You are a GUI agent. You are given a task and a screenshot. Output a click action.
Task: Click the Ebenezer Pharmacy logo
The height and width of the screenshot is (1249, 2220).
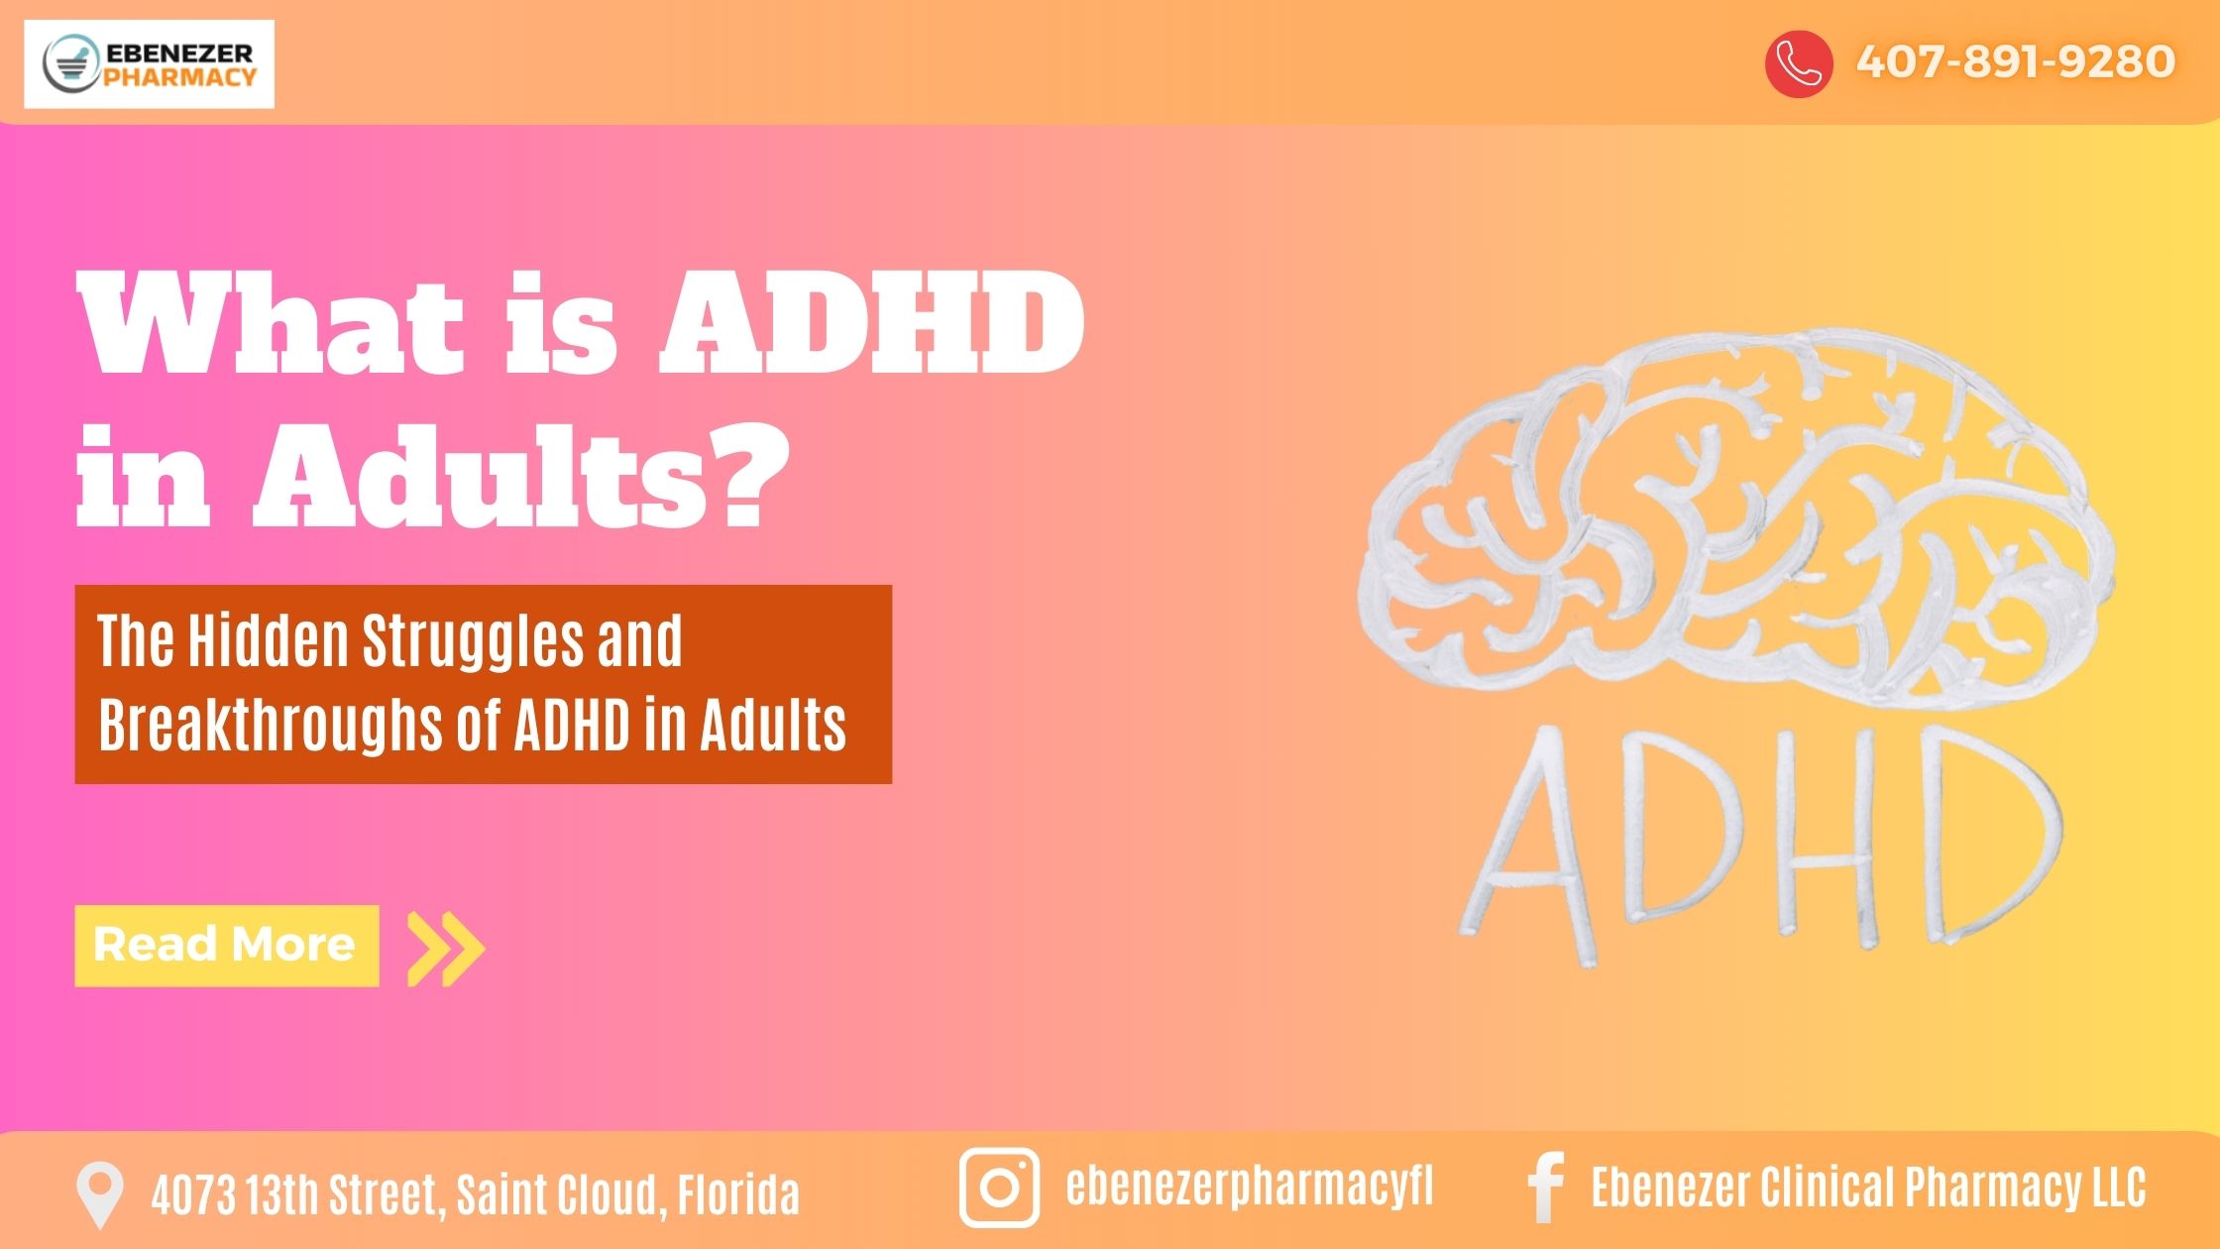point(149,63)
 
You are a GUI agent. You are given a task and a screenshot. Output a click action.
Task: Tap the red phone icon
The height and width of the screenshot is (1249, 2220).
point(1798,63)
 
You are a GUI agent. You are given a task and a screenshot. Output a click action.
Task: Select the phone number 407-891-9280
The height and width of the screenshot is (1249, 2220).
point(2015,61)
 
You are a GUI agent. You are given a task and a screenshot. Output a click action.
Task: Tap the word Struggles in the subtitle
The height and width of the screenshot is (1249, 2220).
point(473,642)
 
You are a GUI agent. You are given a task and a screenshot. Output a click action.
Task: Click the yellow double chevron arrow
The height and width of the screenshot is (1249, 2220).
point(447,949)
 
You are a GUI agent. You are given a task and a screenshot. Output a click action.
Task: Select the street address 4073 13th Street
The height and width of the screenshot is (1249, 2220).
point(295,1194)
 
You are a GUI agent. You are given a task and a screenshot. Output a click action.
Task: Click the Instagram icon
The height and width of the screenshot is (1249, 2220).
point(999,1188)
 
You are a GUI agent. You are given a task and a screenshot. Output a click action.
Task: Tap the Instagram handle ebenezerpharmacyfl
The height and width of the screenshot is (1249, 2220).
point(1249,1187)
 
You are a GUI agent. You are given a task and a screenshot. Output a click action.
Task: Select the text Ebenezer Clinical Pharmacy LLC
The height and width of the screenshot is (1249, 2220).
point(1868,1188)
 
